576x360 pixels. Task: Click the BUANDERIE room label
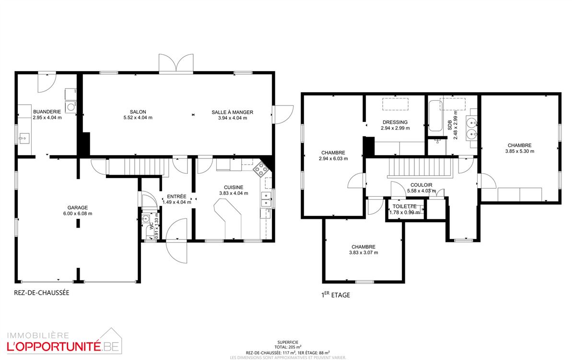point(47,112)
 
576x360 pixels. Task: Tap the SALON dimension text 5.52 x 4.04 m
point(138,118)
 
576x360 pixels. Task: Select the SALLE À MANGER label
point(233,112)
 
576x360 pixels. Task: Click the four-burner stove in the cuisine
point(261,169)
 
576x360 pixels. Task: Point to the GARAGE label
point(78,207)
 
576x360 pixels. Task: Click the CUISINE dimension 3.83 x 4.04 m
point(234,193)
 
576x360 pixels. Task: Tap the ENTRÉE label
point(176,196)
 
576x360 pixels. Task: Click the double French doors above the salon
point(176,63)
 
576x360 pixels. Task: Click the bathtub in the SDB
point(435,116)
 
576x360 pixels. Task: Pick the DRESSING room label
point(395,122)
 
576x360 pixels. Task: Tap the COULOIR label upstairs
point(421,185)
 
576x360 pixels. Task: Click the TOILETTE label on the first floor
point(404,206)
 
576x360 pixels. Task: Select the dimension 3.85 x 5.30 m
point(520,151)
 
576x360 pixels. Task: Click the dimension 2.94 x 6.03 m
point(333,159)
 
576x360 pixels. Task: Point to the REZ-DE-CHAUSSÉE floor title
point(42,293)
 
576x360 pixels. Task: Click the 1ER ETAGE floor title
point(336,295)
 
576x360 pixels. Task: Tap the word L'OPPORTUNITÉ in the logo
point(54,347)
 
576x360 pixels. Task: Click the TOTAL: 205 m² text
point(288,347)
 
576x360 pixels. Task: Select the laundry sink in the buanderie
point(24,138)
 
